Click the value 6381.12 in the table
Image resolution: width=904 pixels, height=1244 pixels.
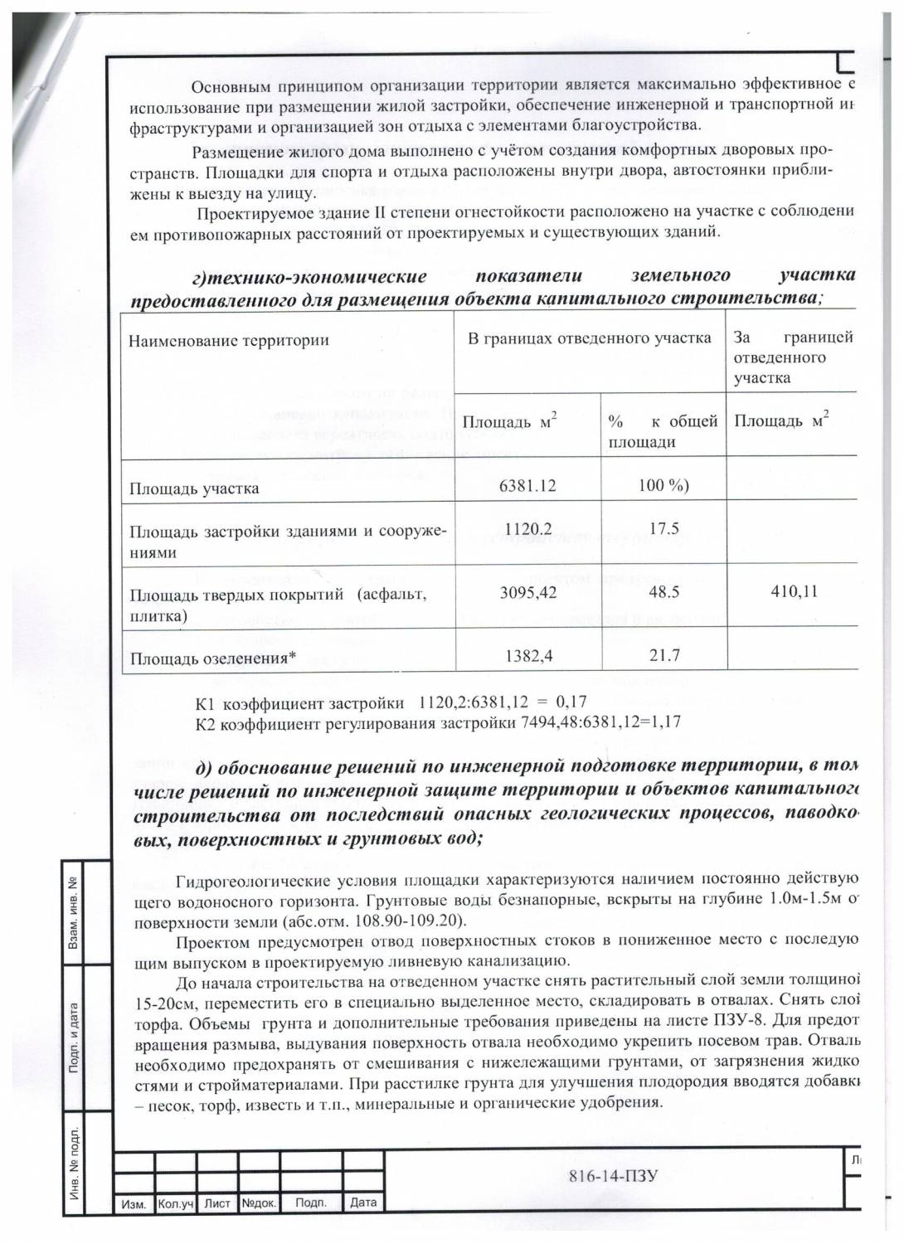point(527,485)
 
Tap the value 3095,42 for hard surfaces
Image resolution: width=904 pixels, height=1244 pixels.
point(527,593)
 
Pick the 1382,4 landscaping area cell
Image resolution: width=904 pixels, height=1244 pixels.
point(527,655)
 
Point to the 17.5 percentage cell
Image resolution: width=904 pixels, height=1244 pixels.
point(663,528)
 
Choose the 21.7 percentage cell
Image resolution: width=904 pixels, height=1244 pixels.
point(663,655)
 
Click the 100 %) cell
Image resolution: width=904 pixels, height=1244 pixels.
point(663,485)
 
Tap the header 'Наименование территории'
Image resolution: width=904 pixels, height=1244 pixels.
point(228,340)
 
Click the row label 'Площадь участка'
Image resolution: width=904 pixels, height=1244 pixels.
point(193,488)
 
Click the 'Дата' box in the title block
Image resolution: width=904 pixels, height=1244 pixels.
point(363,1202)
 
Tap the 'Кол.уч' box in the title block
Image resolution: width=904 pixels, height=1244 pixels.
point(176,1203)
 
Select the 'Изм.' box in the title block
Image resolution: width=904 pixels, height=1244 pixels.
point(134,1203)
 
